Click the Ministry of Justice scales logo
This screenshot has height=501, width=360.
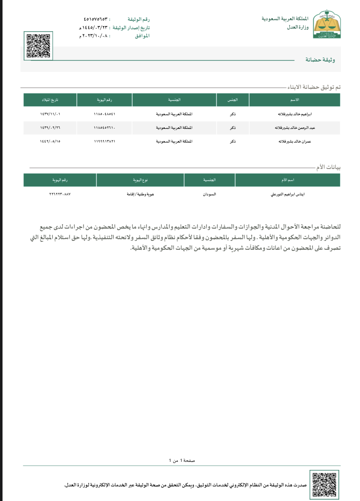pos(327,24)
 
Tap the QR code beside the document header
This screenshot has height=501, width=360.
pos(38,46)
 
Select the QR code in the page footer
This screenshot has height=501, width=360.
pos(324,484)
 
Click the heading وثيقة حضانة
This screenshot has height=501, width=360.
pos(320,60)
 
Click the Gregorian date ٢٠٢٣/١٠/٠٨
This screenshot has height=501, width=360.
pos(95,36)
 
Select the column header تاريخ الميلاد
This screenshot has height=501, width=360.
pos(50,100)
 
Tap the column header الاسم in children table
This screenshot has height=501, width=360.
pos(294,100)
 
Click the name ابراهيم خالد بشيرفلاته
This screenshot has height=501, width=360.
pos(294,114)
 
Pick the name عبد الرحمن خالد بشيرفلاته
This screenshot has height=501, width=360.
pos(294,128)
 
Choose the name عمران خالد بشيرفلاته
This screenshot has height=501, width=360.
pos(294,141)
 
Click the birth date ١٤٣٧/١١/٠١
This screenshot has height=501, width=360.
pos(50,114)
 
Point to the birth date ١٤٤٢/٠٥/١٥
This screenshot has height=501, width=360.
pos(50,141)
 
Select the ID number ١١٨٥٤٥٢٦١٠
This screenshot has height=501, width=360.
pos(104,128)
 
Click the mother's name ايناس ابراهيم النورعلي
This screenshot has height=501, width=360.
pos(288,194)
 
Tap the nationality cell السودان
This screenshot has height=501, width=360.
pos(209,194)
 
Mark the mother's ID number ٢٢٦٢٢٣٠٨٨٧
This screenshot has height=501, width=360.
pos(60,194)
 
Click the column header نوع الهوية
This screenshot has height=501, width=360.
pos(140,180)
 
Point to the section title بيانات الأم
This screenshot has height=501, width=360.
pos(328,167)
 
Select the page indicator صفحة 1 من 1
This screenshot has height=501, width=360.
pos(182,460)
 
